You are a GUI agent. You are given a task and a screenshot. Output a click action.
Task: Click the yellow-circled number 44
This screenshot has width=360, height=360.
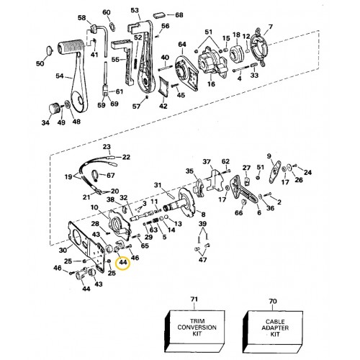click(123, 262)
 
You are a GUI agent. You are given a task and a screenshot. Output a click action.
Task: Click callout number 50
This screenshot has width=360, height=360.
click(40, 63)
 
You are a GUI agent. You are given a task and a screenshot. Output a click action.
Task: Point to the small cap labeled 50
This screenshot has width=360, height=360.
click(49, 50)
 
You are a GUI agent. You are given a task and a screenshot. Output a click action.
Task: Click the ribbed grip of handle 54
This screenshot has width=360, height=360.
click(71, 46)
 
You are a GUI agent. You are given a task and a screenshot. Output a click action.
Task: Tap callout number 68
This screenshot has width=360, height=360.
click(179, 15)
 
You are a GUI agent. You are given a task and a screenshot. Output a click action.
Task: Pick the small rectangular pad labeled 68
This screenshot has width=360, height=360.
click(160, 14)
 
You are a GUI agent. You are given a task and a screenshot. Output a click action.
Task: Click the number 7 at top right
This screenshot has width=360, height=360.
click(271, 27)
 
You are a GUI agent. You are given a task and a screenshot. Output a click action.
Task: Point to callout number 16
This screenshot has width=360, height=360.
click(211, 84)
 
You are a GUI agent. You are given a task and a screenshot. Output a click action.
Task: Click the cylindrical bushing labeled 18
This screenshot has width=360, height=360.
click(236, 54)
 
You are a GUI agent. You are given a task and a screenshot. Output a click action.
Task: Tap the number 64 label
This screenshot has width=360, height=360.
click(182, 45)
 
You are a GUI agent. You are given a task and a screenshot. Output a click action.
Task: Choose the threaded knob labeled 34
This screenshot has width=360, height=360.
click(54, 109)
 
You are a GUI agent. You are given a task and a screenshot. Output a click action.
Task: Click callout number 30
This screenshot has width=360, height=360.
click(63, 250)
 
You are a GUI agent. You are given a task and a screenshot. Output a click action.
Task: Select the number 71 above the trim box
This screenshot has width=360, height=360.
click(194, 300)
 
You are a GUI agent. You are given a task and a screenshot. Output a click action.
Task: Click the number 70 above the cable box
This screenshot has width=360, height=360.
click(273, 301)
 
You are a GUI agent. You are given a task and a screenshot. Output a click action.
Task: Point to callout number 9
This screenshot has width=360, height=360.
click(269, 156)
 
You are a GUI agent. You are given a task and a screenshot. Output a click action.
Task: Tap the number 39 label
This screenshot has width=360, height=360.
click(202, 224)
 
